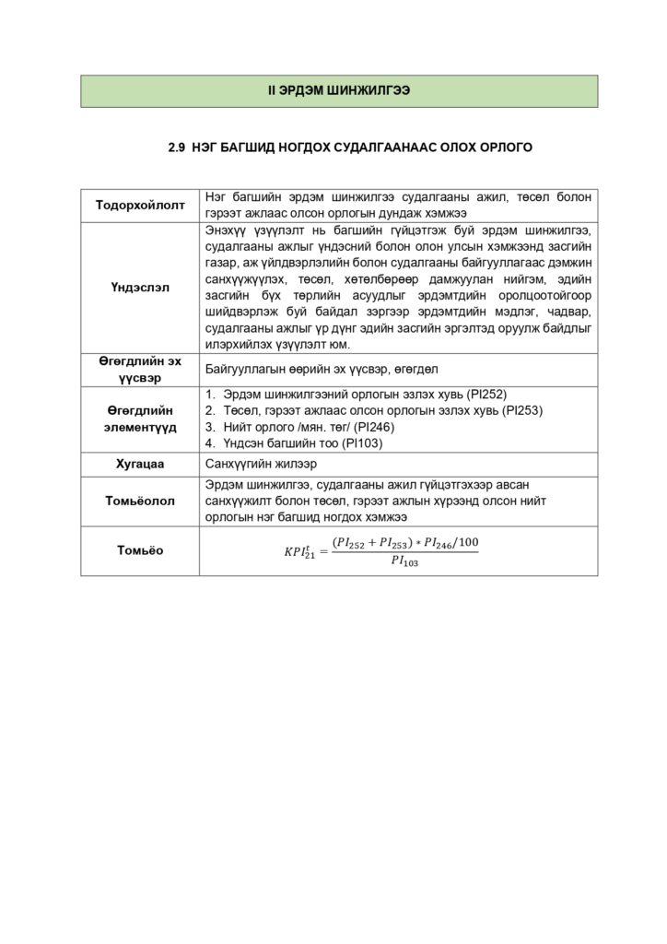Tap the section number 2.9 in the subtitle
(x=177, y=147)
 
